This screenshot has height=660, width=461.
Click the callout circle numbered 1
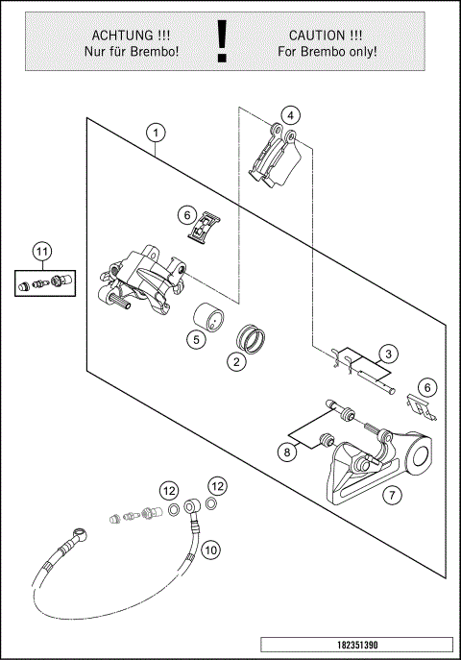point(156,133)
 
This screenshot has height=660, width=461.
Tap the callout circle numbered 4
point(291,115)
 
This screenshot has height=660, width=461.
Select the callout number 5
point(197,339)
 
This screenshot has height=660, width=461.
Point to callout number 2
point(236,361)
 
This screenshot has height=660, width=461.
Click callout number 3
point(388,354)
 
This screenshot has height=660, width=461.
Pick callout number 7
point(393,495)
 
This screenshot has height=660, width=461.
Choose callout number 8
point(287,452)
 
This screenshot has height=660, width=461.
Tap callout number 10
point(210,550)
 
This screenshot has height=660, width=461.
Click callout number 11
point(41,252)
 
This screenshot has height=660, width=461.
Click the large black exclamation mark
point(222,41)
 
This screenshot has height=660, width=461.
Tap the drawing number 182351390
point(357,645)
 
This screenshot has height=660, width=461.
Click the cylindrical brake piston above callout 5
point(208,318)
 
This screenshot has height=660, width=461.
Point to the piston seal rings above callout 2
point(251,337)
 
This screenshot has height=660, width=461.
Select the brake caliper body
point(141,281)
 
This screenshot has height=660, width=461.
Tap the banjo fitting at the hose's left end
point(80,534)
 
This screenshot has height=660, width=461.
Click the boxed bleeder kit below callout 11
point(45,282)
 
